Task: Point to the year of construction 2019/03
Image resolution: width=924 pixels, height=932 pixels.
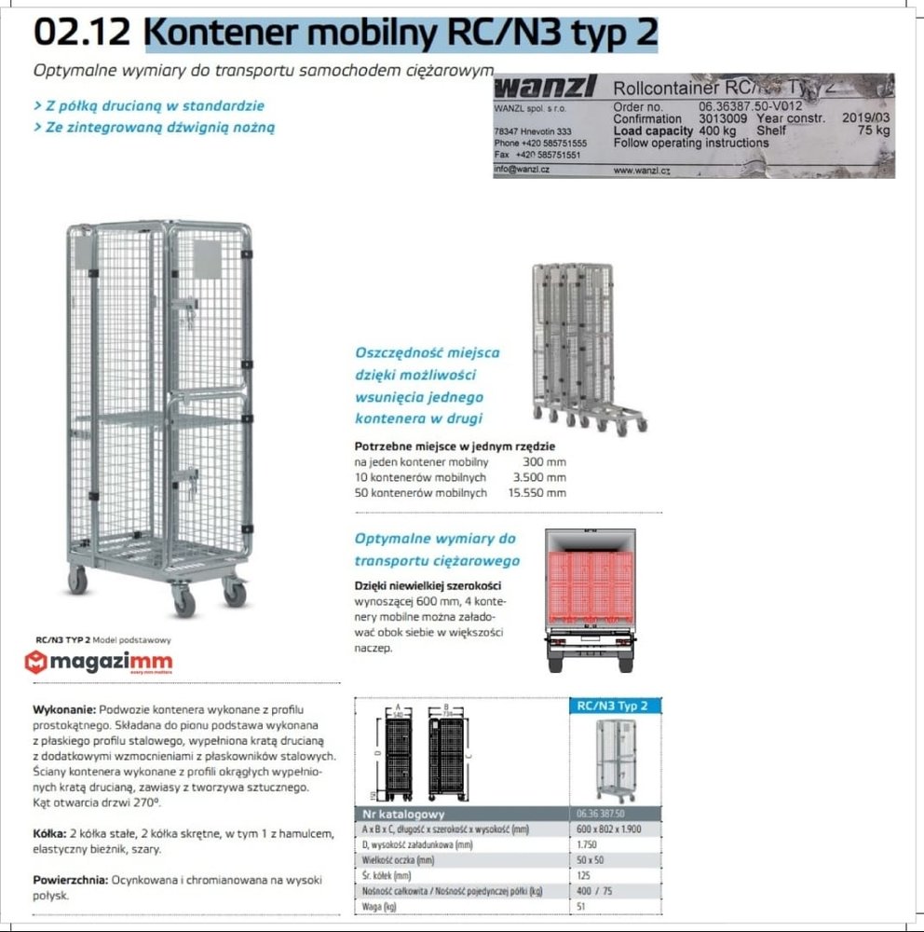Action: click(x=865, y=118)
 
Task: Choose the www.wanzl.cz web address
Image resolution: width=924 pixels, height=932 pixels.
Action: click(x=643, y=171)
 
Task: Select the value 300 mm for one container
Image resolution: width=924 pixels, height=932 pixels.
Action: click(x=544, y=462)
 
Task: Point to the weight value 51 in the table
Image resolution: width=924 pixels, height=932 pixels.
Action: click(x=581, y=905)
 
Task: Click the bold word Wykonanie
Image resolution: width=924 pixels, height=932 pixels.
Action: click(x=63, y=709)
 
